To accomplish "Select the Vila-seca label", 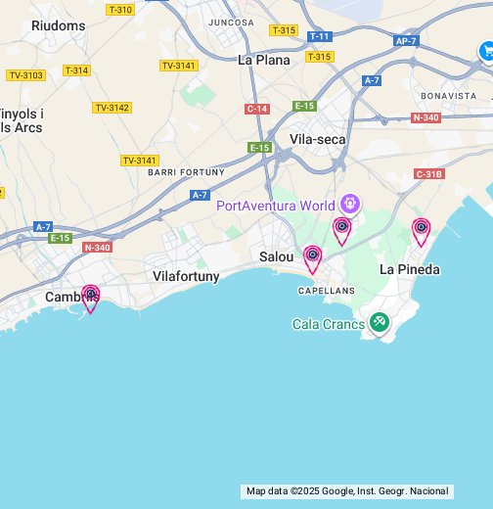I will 318,139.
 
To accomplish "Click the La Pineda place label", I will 409,269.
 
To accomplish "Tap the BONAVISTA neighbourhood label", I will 448,96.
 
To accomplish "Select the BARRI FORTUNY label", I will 186,172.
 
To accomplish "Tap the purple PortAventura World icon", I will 350,206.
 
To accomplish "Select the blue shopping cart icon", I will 486,51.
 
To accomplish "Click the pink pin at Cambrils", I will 90,296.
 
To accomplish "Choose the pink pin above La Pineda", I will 421,230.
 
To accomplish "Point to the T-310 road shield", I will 120,10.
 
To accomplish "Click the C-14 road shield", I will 257,109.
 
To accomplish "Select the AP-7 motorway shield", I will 406,41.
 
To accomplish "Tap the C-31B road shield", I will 428,173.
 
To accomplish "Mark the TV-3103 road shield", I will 26,75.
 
